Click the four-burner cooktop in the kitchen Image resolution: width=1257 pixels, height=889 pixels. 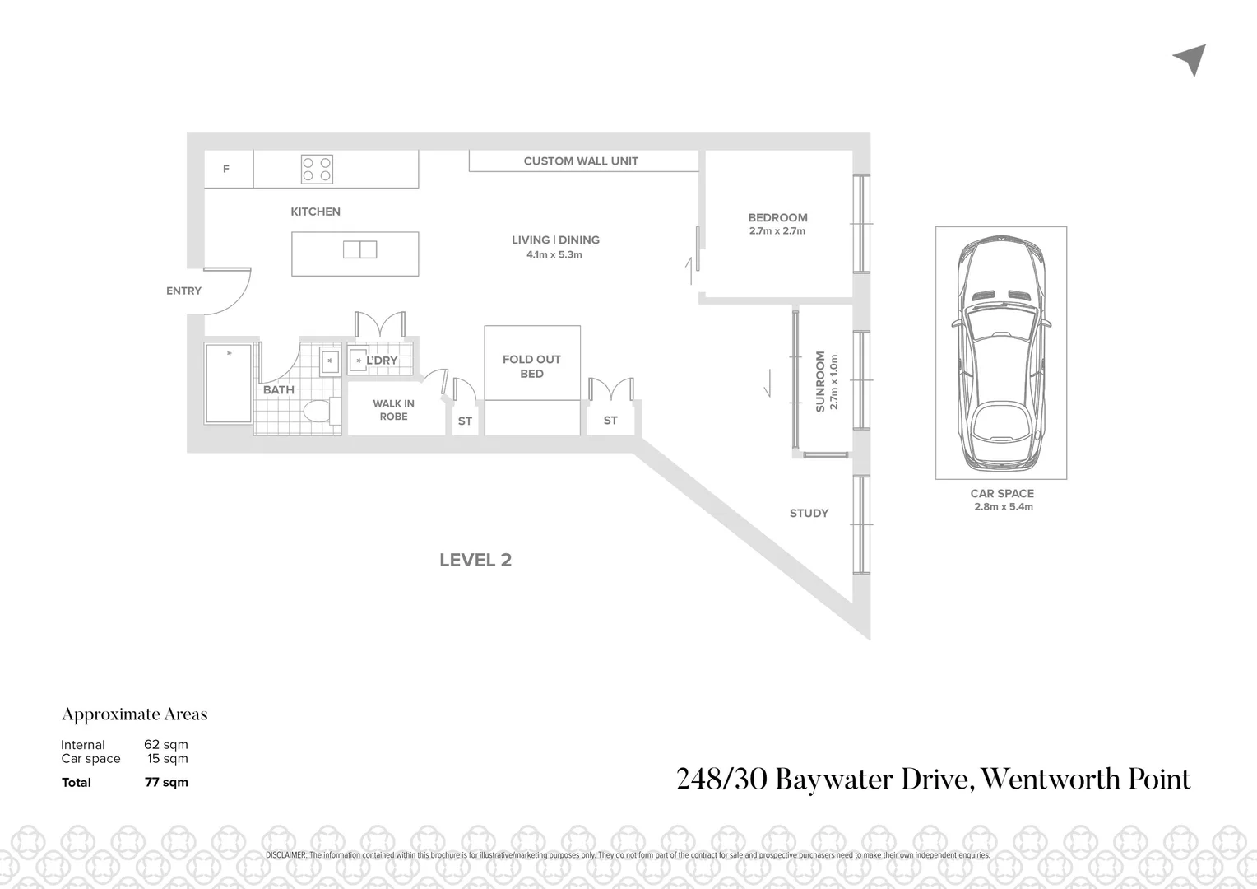tap(317, 169)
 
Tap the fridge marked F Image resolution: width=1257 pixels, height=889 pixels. tap(227, 169)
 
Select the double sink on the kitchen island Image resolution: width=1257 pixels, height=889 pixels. tap(359, 249)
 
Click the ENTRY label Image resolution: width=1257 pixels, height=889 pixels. tap(183, 291)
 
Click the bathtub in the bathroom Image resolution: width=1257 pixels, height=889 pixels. tap(228, 384)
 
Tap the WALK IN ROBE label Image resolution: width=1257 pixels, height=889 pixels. tap(393, 410)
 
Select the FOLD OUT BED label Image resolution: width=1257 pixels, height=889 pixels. tap(531, 366)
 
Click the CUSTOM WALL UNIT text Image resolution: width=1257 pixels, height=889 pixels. tap(581, 161)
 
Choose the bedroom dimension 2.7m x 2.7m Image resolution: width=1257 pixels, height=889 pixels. tap(777, 231)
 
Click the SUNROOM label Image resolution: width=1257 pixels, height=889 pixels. tap(820, 382)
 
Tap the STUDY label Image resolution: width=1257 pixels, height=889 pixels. tap(809, 513)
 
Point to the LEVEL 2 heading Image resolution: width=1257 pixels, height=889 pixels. tap(475, 560)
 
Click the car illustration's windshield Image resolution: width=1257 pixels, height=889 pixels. tap(1000, 326)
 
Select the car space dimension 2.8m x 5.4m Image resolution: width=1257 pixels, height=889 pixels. tap(1003, 507)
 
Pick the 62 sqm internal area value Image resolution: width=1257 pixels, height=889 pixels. tap(165, 745)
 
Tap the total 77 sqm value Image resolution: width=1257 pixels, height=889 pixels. tap(166, 783)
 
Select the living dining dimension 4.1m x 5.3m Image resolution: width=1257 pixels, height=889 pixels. tap(554, 255)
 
